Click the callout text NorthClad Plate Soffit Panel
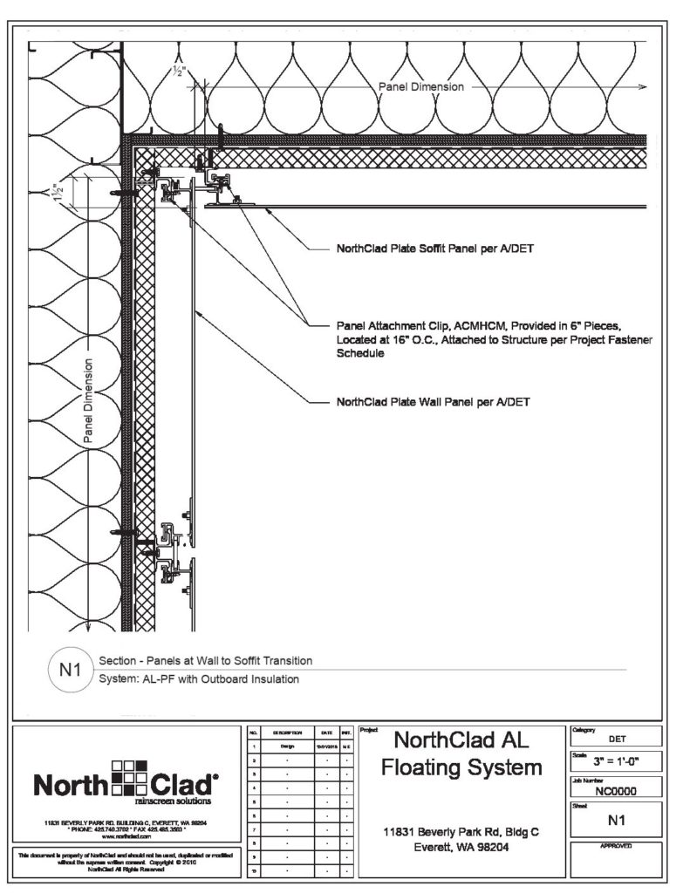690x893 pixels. click(434, 249)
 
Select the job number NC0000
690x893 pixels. click(615, 792)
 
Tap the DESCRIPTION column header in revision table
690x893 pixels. click(286, 734)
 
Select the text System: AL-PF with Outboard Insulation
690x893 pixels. click(199, 679)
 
